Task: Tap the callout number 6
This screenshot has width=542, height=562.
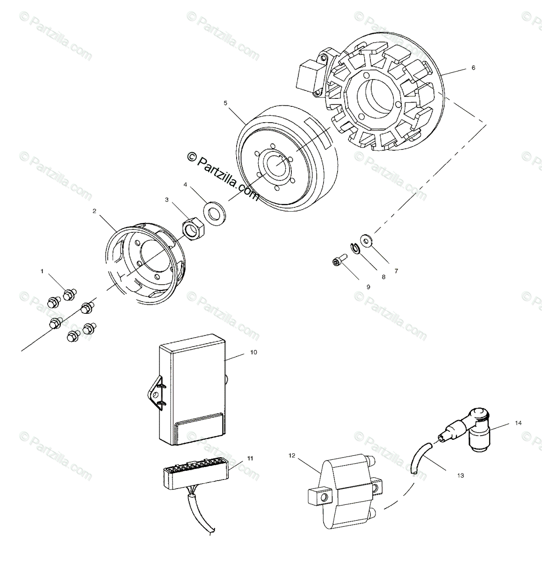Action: [473, 68]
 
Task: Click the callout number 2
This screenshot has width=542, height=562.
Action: [94, 211]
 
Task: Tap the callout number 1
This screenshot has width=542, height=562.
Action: [42, 271]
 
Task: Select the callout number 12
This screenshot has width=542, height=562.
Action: [292, 455]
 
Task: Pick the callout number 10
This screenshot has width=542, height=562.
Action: [254, 352]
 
